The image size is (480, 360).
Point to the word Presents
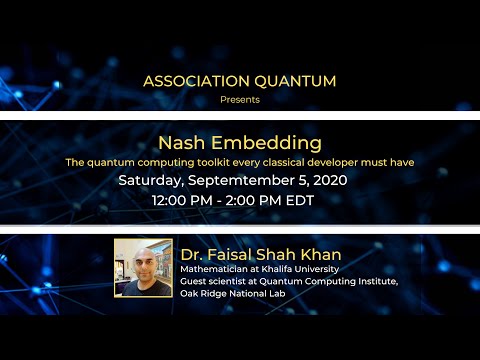click(x=240, y=99)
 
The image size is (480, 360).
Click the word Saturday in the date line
click(x=151, y=181)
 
